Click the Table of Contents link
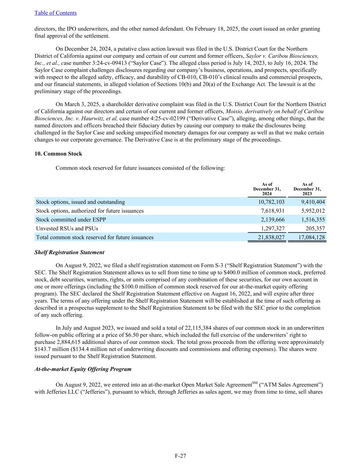click(55, 13)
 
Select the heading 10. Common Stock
click(58, 154)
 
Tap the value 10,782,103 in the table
click(271, 202)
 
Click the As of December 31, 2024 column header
click(267, 189)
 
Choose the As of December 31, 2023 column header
click(307, 189)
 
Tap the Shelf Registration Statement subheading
click(69, 252)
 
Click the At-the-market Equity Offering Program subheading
click(83, 369)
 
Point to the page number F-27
click(180, 456)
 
